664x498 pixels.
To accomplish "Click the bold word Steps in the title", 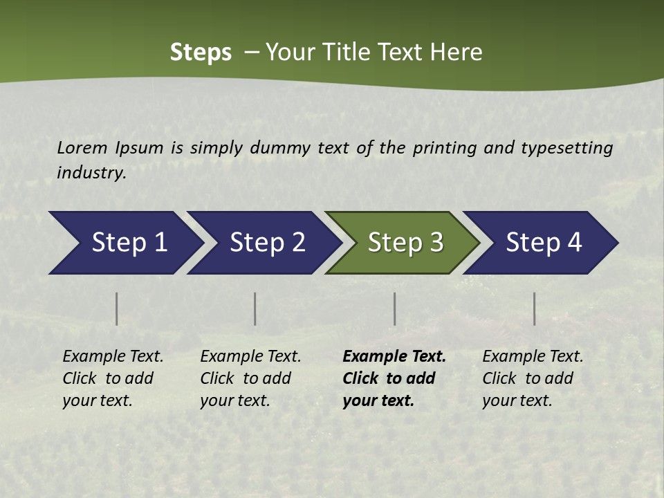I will click(x=201, y=53).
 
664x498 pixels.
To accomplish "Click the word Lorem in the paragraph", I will click(x=82, y=147).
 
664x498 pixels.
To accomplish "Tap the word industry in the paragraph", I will click(x=91, y=173).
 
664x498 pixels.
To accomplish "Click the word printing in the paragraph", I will click(x=443, y=147).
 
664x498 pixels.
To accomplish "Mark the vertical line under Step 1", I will click(x=117, y=308).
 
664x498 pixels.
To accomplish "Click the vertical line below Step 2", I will click(x=255, y=308).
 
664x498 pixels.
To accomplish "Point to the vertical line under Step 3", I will click(x=394, y=308).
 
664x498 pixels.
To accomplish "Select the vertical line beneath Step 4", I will click(x=534, y=308).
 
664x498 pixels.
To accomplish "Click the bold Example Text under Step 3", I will click(x=394, y=356).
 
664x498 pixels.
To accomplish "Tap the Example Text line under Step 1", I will click(x=113, y=356).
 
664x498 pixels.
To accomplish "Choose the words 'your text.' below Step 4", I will click(x=517, y=400).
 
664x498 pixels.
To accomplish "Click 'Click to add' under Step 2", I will click(x=246, y=378).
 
